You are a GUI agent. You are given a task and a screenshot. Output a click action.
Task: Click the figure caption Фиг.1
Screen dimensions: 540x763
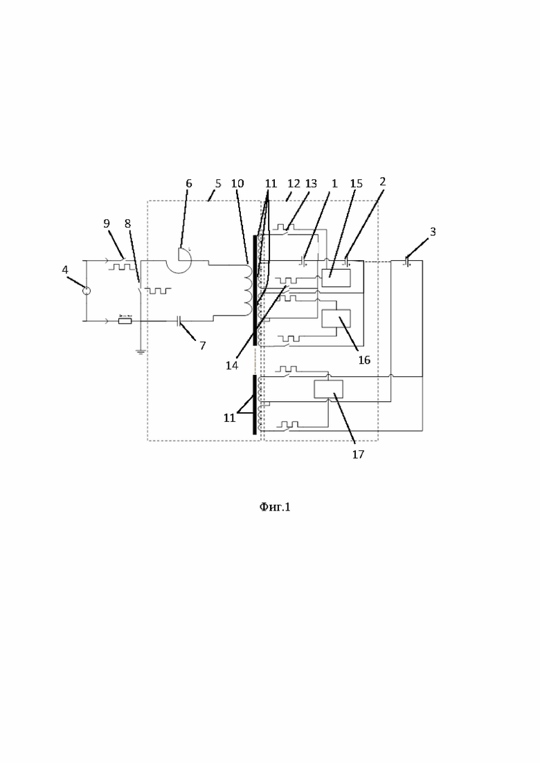[275, 507]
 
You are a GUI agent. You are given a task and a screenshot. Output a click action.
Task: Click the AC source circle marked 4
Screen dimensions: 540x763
[86, 291]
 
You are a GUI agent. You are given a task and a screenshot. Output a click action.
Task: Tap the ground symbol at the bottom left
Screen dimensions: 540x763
[141, 352]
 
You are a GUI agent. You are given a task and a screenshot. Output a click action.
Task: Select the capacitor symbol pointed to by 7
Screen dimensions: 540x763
[179, 321]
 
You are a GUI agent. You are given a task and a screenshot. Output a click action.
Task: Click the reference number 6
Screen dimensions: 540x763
[189, 183]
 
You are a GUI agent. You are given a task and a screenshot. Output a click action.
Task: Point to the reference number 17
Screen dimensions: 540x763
[358, 454]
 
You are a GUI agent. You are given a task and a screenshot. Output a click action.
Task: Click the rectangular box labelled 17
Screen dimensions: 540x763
[328, 389]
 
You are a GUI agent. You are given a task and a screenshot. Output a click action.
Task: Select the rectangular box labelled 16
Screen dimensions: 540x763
[336, 318]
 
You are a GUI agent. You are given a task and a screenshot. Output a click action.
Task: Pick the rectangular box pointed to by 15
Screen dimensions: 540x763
[336, 278]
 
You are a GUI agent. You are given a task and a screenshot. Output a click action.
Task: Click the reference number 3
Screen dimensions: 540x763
[433, 232]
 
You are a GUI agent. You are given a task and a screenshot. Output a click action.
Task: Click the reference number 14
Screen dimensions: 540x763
[232, 365]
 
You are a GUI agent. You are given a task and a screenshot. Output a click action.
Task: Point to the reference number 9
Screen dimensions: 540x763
[106, 223]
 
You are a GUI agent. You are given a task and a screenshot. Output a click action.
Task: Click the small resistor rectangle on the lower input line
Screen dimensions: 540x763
[125, 321]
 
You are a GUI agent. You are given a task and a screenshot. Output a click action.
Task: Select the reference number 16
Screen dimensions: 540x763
[364, 360]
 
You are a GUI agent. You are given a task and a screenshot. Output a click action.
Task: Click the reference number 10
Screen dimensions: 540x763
[237, 183]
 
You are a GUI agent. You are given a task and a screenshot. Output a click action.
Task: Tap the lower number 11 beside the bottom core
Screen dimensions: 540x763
[229, 418]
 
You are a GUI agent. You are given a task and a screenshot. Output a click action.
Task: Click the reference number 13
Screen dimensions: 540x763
[311, 183]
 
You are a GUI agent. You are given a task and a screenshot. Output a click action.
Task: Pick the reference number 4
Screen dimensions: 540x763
[65, 270]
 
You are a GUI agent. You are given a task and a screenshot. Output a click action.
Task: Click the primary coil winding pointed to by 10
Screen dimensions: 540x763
[247, 290]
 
